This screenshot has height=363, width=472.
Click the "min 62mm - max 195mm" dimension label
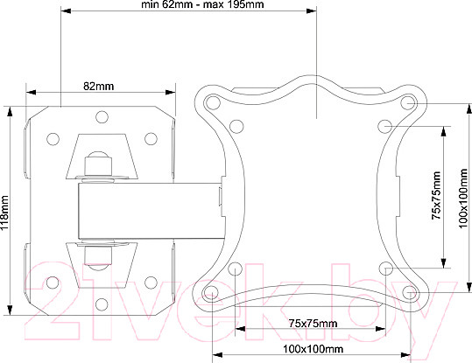[202, 4]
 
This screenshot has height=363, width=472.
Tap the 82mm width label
[99, 87]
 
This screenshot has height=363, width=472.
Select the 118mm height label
[4, 213]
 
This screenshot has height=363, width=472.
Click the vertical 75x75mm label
[436, 195]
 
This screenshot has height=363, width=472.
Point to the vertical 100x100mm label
[463, 199]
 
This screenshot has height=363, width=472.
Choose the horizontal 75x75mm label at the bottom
[313, 324]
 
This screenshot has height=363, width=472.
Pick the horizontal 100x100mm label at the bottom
[313, 349]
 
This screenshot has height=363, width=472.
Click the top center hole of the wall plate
[102, 117]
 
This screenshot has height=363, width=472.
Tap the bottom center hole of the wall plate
[102, 304]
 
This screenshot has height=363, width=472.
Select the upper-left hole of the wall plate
[53, 139]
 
